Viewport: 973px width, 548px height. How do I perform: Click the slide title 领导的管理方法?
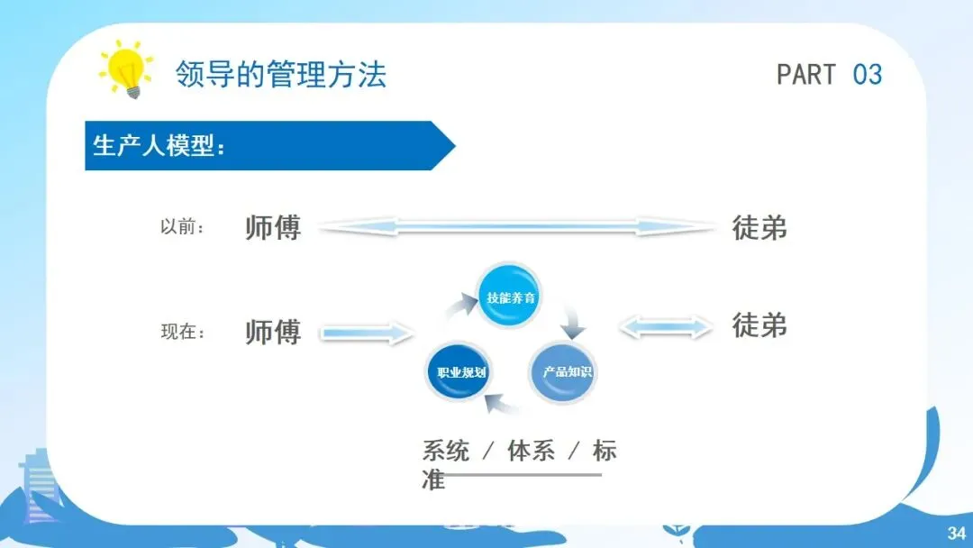tap(281, 74)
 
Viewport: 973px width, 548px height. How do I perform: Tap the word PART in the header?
tap(806, 74)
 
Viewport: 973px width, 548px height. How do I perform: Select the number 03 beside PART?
tap(867, 74)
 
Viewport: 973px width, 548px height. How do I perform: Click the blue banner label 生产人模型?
tap(159, 146)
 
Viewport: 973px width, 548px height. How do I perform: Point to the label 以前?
tap(182, 227)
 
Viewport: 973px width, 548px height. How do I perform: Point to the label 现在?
tap(183, 332)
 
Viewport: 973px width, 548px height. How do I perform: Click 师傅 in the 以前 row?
tap(272, 227)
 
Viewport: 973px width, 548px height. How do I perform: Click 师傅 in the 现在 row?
tap(272, 332)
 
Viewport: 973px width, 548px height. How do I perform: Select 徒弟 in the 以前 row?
tap(759, 227)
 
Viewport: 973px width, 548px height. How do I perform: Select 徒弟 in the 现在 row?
tap(759, 324)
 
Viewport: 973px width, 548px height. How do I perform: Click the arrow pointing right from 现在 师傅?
tap(366, 334)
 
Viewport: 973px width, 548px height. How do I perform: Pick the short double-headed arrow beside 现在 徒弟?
tap(666, 326)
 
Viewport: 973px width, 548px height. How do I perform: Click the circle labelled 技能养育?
tap(510, 297)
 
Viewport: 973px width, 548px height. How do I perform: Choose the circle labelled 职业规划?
tap(460, 371)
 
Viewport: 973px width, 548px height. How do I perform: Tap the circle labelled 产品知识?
tap(562, 370)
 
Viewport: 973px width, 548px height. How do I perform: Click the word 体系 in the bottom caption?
tap(531, 451)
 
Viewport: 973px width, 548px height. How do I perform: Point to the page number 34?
tap(955, 532)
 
